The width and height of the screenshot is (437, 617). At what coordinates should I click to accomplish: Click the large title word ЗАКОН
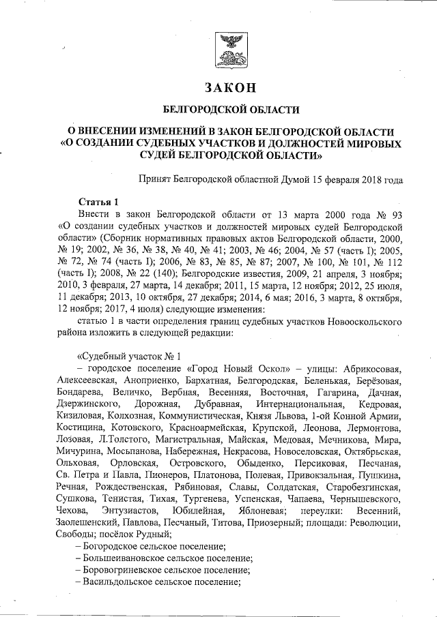click(229, 88)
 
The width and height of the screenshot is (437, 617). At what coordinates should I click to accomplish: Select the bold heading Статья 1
click(100, 201)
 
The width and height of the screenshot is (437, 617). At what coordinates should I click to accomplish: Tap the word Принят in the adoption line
click(155, 180)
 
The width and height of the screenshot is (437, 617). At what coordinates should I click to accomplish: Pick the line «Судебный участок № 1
click(130, 355)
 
